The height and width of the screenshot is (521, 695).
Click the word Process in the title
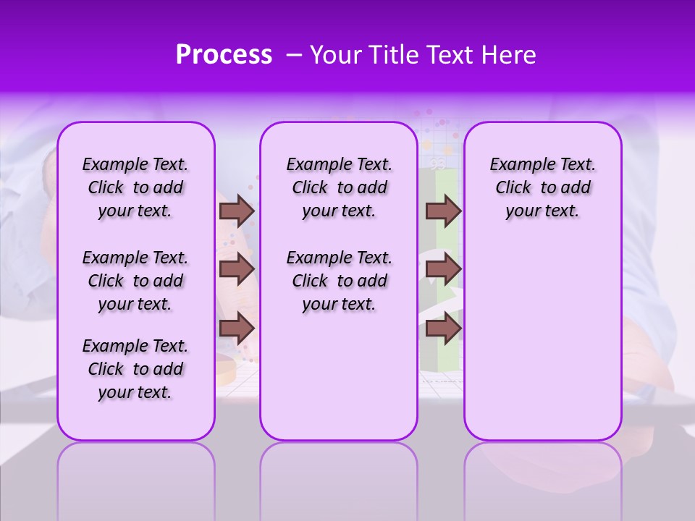224,54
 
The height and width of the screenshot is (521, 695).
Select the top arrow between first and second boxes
237,211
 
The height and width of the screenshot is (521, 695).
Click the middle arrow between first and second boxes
237,269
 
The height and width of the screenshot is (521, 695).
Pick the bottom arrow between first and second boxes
237,329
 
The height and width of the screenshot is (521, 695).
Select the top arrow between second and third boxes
443,211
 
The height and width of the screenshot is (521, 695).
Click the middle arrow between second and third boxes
443,269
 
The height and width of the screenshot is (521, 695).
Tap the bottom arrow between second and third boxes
443,329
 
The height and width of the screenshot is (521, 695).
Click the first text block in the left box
135,187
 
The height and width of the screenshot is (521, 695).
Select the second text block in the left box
135,281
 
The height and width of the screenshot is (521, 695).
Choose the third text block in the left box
135,369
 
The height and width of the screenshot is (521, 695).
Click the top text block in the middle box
339,187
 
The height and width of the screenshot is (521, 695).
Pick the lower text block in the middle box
339,281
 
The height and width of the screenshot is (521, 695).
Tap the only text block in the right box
542,187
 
